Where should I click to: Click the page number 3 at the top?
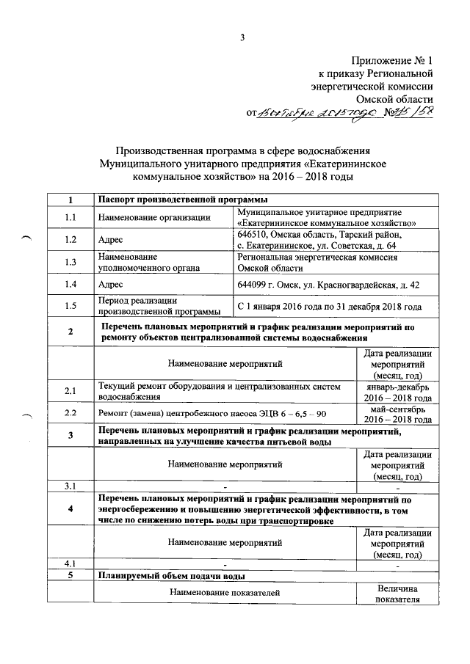coord(240,38)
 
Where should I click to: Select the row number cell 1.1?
coord(70,217)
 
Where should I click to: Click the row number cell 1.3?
coord(70,263)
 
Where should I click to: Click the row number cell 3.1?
coord(70,486)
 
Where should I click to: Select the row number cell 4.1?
coord(70,563)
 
